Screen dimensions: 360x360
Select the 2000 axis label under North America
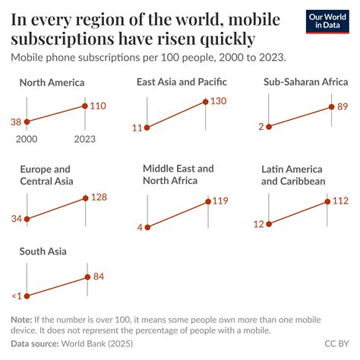tap(27, 138)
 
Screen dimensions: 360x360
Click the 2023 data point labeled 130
tap(205, 102)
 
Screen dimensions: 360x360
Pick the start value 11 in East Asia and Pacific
tap(137, 128)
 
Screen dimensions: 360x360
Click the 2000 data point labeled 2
tap(270, 127)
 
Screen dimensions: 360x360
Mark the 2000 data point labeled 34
tap(27, 219)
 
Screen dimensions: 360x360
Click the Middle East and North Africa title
tap(178, 174)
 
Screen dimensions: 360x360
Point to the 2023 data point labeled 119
tap(207, 201)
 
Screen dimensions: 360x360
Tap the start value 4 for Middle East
tap(139, 226)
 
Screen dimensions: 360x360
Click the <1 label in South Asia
tap(17, 296)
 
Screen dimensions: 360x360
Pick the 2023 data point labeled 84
tap(88, 277)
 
